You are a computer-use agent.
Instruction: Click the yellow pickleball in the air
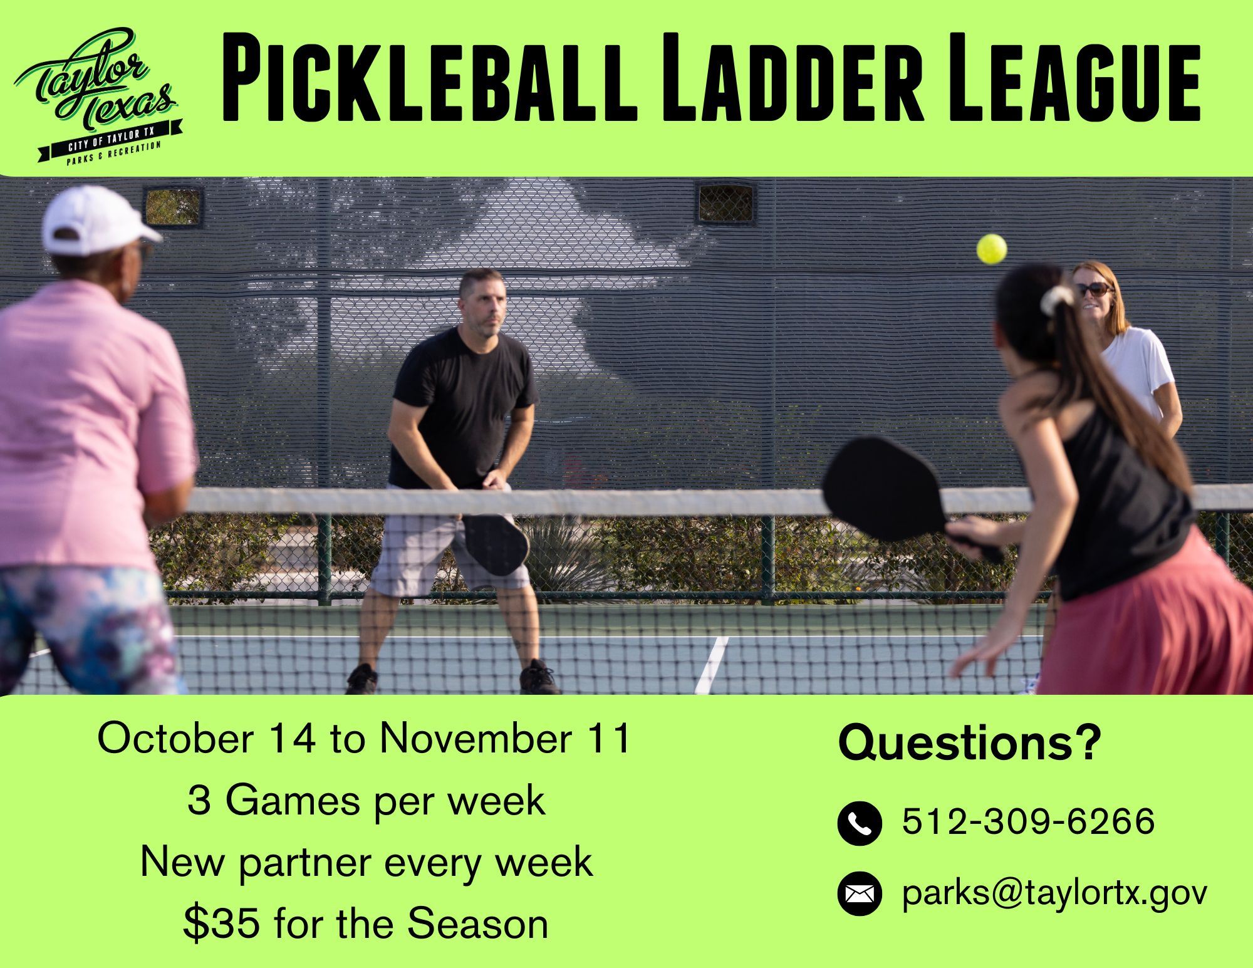tap(991, 249)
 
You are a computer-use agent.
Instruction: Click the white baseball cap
tap(97, 219)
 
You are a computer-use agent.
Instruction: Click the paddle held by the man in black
tap(496, 541)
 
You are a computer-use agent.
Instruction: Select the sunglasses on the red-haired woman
tap(1094, 289)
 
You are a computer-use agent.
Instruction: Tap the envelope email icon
tap(859, 893)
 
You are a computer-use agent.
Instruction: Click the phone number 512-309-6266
tap(1028, 821)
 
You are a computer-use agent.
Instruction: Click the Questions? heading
tap(969, 743)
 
